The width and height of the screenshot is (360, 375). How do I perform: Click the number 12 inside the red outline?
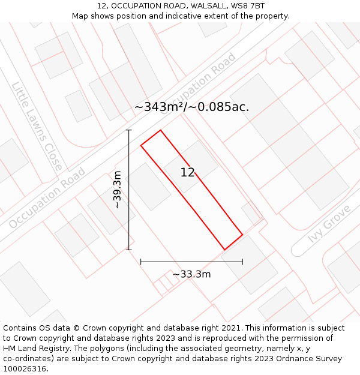tap(187, 173)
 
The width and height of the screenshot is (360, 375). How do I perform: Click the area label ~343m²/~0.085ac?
tap(191, 107)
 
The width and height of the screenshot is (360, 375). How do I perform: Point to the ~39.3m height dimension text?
tap(117, 190)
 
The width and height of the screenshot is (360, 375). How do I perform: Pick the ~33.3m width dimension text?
tap(191, 274)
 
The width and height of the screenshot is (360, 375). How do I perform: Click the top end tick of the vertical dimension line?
tap(128, 130)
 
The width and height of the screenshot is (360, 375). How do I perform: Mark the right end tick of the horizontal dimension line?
tap(242, 262)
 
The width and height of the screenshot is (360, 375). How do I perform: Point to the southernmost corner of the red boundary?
tap(225, 250)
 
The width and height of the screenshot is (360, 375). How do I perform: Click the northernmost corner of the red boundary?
tap(160, 130)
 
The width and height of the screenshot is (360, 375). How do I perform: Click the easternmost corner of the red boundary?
tap(242, 234)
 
